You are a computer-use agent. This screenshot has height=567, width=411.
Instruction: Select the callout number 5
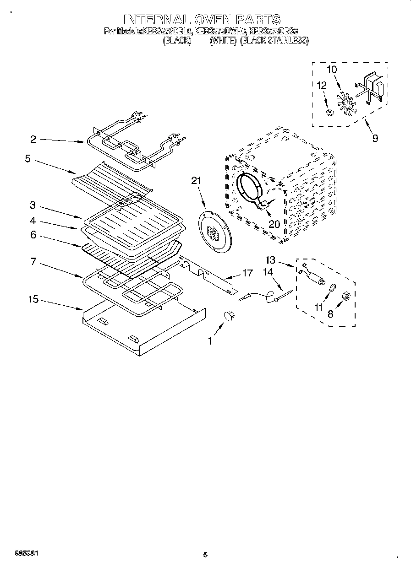(27, 159)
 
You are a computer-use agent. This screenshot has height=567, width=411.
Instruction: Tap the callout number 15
(33, 299)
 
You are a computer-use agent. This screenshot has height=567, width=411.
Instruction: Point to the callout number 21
(196, 181)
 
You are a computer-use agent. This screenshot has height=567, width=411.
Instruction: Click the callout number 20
(274, 224)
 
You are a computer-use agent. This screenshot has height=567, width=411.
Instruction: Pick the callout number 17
(247, 274)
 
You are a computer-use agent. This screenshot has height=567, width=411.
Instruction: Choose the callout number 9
(375, 138)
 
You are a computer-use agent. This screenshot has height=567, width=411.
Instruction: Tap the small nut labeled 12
(328, 113)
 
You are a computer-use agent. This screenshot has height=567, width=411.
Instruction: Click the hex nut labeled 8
(347, 298)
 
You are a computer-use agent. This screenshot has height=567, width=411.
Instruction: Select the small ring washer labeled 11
(332, 287)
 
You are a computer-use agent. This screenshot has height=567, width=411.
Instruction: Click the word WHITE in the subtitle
(223, 40)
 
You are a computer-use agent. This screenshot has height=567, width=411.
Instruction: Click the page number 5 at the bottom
(205, 555)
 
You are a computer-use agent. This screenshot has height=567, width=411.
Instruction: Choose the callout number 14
(268, 272)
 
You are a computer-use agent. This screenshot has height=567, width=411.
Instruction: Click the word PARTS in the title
(258, 19)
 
